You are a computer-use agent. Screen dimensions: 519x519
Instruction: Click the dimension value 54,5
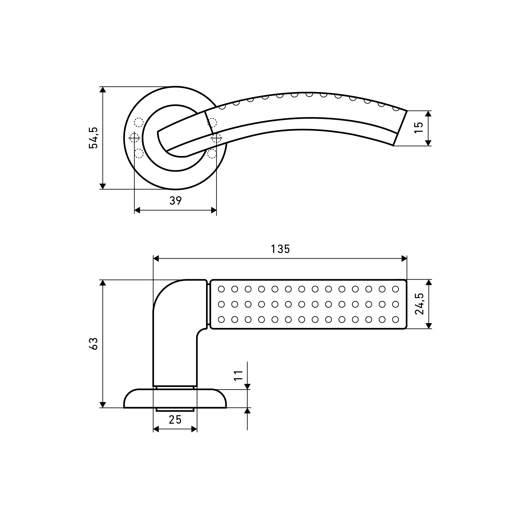tap(93, 138)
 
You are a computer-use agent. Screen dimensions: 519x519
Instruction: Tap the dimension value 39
tap(175, 201)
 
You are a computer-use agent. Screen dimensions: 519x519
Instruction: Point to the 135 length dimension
tap(280, 249)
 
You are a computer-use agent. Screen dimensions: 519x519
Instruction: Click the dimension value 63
tap(93, 344)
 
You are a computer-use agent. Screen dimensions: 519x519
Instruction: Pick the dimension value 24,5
tap(419, 304)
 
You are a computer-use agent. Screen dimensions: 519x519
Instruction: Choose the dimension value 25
tap(175, 420)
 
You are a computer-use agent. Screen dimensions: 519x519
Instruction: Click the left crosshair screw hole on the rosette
tap(134, 138)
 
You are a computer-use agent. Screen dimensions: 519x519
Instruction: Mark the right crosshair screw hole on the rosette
tap(216, 138)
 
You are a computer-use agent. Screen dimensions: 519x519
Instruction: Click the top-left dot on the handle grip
tap(222, 288)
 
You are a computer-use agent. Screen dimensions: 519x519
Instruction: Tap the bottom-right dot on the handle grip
tap(395, 320)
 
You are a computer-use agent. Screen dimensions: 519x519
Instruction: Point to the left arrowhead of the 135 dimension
tap(156, 259)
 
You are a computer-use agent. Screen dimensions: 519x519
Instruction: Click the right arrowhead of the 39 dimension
tap(213, 210)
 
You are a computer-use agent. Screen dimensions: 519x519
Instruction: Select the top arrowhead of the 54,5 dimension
tap(103, 90)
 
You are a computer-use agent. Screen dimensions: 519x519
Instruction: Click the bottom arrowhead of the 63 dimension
tap(103, 404)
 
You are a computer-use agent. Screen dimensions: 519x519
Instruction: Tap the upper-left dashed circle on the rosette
tap(139, 123)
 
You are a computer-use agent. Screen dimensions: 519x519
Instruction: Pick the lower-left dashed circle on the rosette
tap(139, 153)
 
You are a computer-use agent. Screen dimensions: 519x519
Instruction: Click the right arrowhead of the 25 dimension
tap(194, 429)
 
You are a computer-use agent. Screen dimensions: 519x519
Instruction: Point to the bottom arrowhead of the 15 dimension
tap(428, 143)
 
